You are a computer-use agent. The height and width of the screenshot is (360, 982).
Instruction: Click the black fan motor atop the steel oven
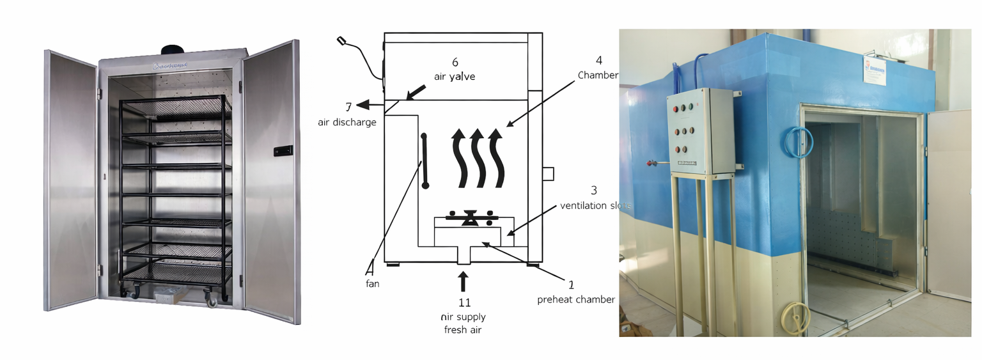pyautogui.click(x=173, y=51)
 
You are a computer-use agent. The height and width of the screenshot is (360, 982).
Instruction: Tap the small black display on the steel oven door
pyautogui.click(x=283, y=151)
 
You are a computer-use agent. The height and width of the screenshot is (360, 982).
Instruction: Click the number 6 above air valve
pyautogui.click(x=455, y=62)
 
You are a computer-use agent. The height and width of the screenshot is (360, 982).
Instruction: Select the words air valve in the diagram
pyautogui.click(x=455, y=76)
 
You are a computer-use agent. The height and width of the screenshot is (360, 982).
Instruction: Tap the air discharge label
pyautogui.click(x=347, y=122)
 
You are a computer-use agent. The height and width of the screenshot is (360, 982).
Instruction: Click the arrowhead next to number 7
pyautogui.click(x=362, y=105)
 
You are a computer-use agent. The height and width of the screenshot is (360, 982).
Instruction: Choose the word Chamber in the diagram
pyautogui.click(x=598, y=75)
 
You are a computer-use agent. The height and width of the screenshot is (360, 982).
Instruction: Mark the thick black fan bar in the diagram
pyautogui.click(x=424, y=160)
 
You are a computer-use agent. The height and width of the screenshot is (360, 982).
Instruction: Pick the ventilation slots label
pyautogui.click(x=595, y=205)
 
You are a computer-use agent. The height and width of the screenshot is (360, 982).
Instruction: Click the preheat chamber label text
pyautogui.click(x=575, y=299)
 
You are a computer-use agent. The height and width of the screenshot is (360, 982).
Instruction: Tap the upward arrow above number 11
pyautogui.click(x=464, y=281)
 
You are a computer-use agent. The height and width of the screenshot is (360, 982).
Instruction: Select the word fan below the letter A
pyautogui.click(x=372, y=283)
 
